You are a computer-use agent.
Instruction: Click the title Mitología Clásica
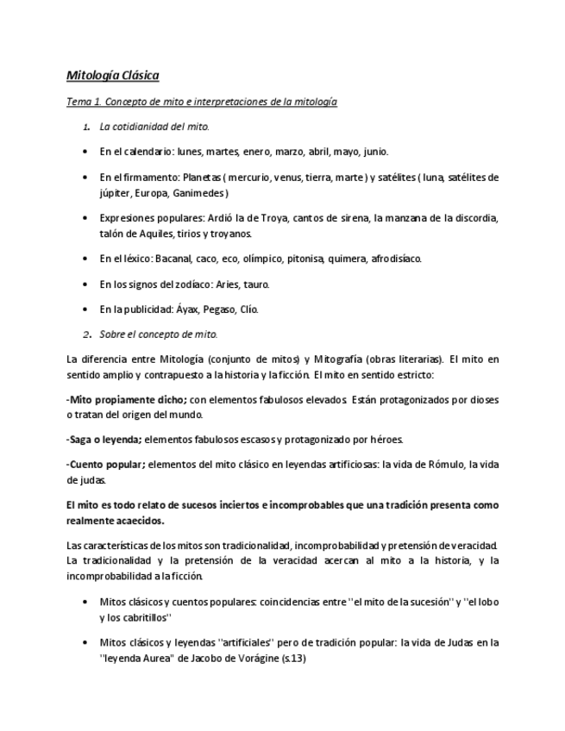tap(113, 76)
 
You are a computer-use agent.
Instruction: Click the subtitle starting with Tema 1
tap(202, 102)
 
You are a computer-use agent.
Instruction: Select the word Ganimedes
tap(198, 192)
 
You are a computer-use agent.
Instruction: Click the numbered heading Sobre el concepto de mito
tap(159, 334)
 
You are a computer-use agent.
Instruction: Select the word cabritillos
tap(138, 617)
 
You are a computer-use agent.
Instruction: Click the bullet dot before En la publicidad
tap(85, 309)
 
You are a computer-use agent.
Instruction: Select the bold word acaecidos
tap(136, 521)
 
